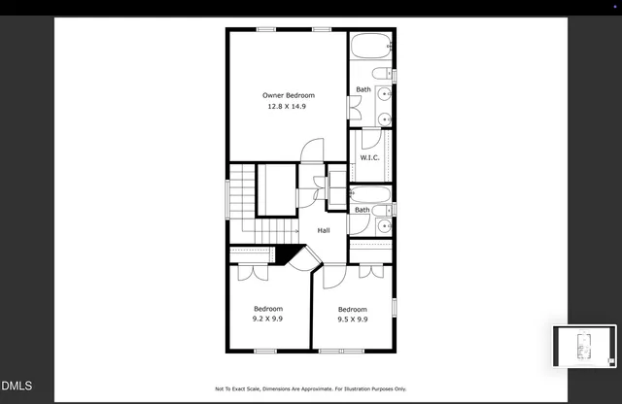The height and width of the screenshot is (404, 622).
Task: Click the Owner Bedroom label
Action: pyautogui.click(x=289, y=95)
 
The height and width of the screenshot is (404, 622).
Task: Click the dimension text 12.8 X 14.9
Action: pyautogui.click(x=288, y=106)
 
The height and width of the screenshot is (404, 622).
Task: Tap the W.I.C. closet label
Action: pyautogui.click(x=369, y=157)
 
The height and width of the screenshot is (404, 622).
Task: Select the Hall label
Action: pyautogui.click(x=324, y=230)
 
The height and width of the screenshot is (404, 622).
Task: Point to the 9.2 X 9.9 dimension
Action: pyautogui.click(x=268, y=319)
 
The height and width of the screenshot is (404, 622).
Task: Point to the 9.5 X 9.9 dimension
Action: pyautogui.click(x=352, y=319)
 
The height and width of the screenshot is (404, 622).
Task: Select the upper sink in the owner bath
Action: pyautogui.click(x=384, y=95)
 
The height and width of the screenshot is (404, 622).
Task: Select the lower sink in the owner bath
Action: pyautogui.click(x=384, y=118)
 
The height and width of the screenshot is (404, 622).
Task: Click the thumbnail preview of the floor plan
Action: pyautogui.click(x=584, y=347)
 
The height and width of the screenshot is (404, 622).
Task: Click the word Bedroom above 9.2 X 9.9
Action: pyautogui.click(x=268, y=309)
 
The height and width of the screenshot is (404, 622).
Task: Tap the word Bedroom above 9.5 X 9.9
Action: pyautogui.click(x=352, y=309)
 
